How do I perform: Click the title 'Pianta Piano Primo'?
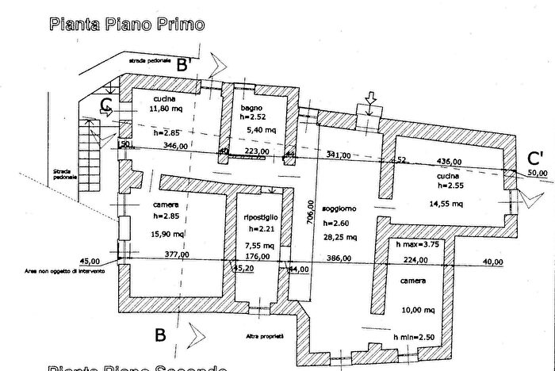point(127,24)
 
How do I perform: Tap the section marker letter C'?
point(537,155)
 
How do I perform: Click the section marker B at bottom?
point(161,335)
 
